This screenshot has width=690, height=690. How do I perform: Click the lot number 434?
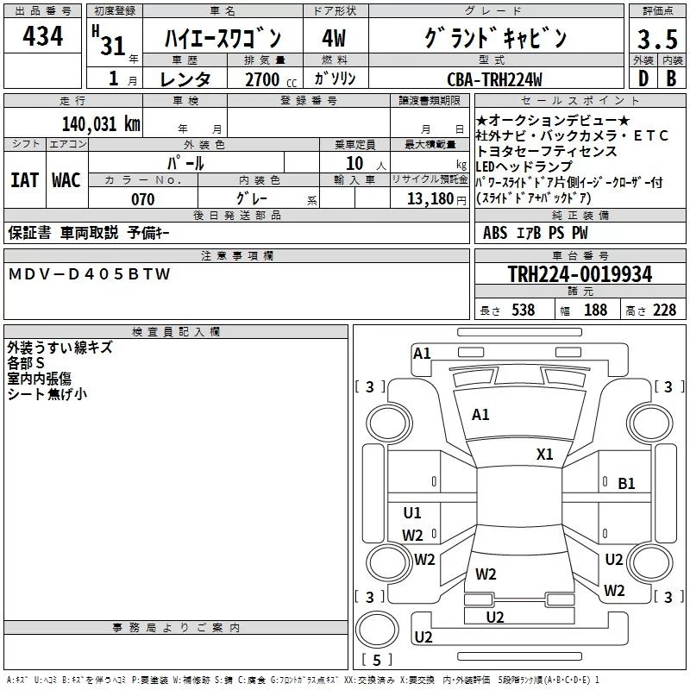click(x=42, y=36)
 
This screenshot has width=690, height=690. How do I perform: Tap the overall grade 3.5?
click(x=657, y=39)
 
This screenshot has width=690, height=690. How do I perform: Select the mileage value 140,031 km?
click(x=101, y=124)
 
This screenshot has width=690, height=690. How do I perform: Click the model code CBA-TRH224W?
click(x=494, y=79)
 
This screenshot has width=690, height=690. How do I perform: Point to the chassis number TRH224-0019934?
click(x=580, y=273)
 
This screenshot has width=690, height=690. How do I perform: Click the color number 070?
click(x=143, y=199)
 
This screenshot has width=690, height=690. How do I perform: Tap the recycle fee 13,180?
click(x=430, y=199)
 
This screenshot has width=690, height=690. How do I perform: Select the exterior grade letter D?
click(x=643, y=78)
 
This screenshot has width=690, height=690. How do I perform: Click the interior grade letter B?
click(x=672, y=78)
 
